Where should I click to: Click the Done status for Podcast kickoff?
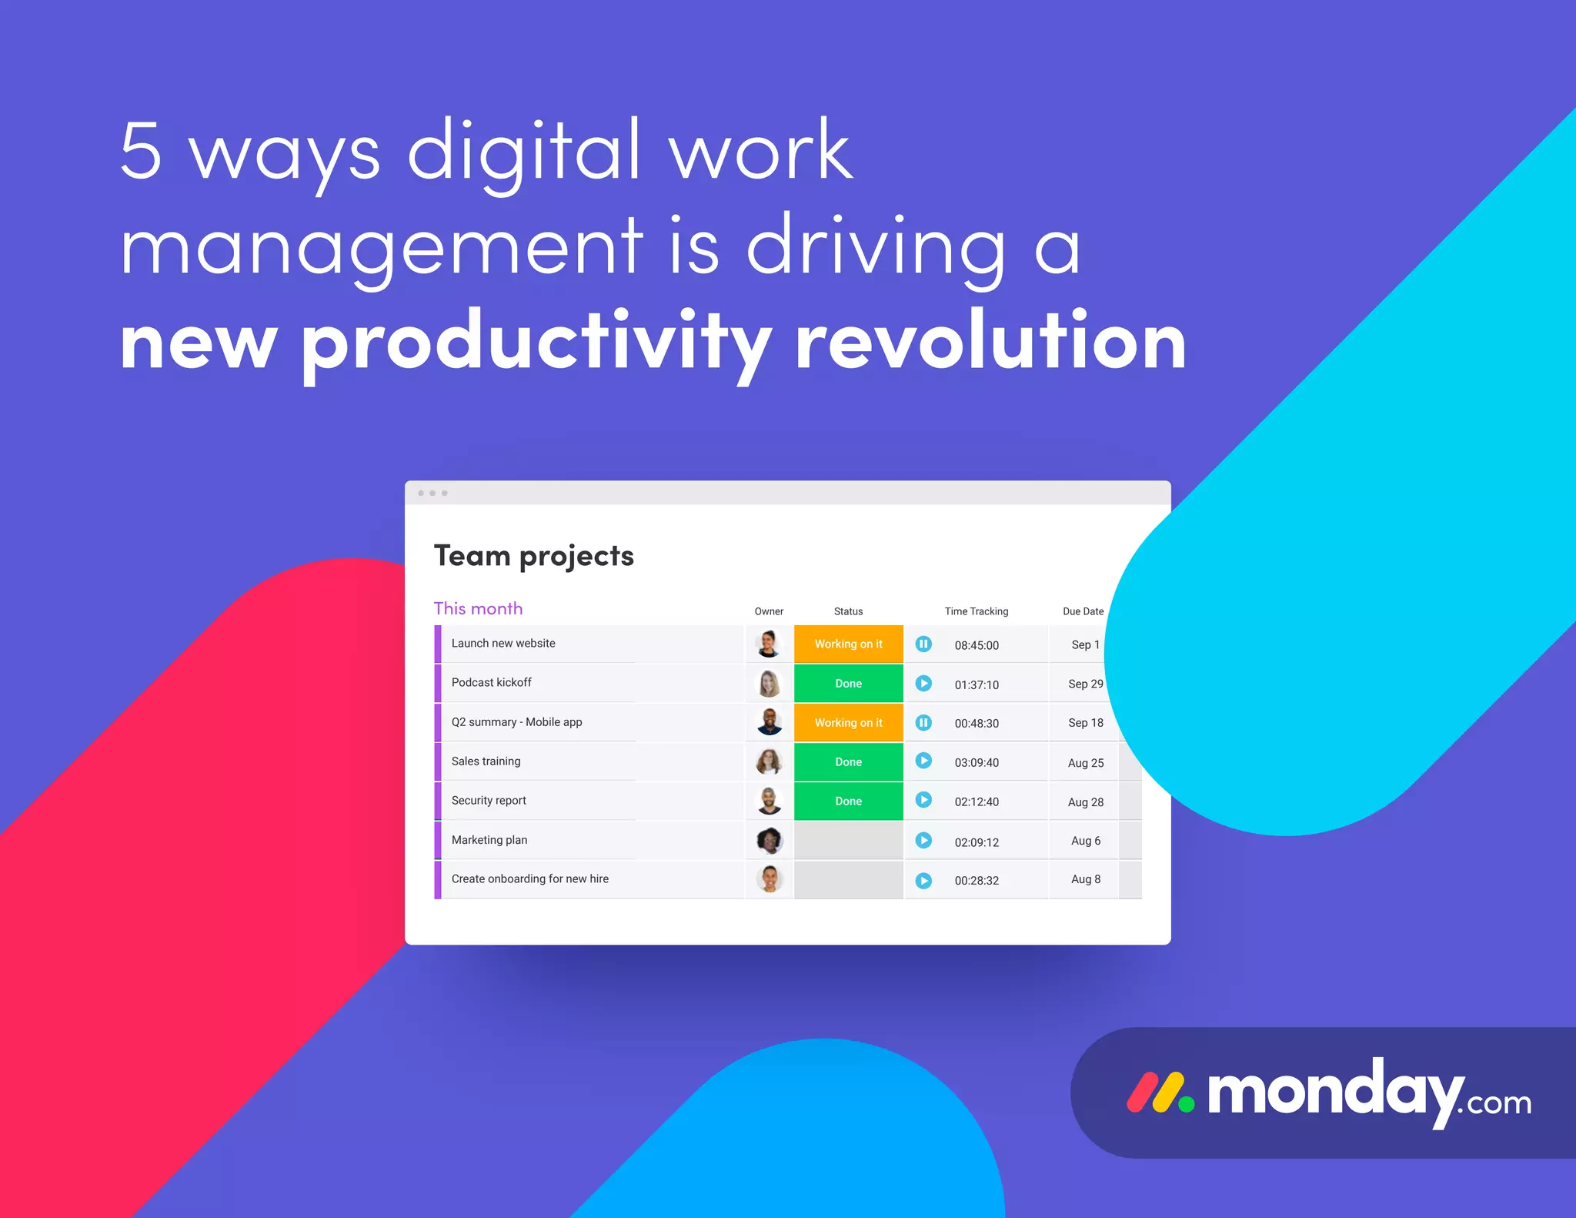tap(848, 684)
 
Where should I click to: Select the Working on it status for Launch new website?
tap(848, 644)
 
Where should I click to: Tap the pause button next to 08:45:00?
tap(923, 644)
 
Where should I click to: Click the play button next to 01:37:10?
tap(923, 684)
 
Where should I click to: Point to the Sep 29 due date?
tap(1085, 684)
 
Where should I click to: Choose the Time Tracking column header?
tap(976, 611)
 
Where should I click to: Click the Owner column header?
tap(769, 611)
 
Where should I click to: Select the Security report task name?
tap(489, 801)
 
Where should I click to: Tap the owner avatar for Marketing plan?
tap(770, 840)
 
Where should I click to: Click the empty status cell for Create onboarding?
tap(848, 880)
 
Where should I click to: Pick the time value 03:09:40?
tap(977, 763)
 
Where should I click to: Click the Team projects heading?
tap(534, 556)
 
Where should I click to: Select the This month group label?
tap(478, 609)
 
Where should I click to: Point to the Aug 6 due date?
tap(1085, 841)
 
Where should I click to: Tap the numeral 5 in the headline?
tap(142, 150)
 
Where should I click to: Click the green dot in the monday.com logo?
tap(1187, 1104)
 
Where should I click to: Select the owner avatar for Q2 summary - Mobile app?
tap(770, 722)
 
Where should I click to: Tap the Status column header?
tap(848, 611)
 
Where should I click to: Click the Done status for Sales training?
tap(848, 762)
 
